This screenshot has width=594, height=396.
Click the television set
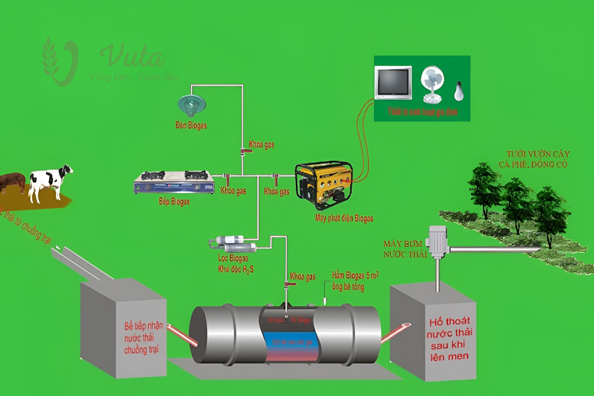click(393, 83)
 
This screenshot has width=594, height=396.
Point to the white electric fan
click(432, 84)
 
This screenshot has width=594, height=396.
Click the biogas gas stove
click(174, 182)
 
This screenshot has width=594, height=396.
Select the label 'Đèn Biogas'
click(191, 126)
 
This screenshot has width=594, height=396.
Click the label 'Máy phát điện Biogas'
click(344, 218)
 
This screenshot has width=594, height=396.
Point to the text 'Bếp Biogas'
click(174, 202)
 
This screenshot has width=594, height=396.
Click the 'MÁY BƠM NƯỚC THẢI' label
click(404, 249)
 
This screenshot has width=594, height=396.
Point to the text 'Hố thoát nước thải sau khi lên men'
click(448, 338)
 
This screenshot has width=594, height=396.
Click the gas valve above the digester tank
click(287, 285)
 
